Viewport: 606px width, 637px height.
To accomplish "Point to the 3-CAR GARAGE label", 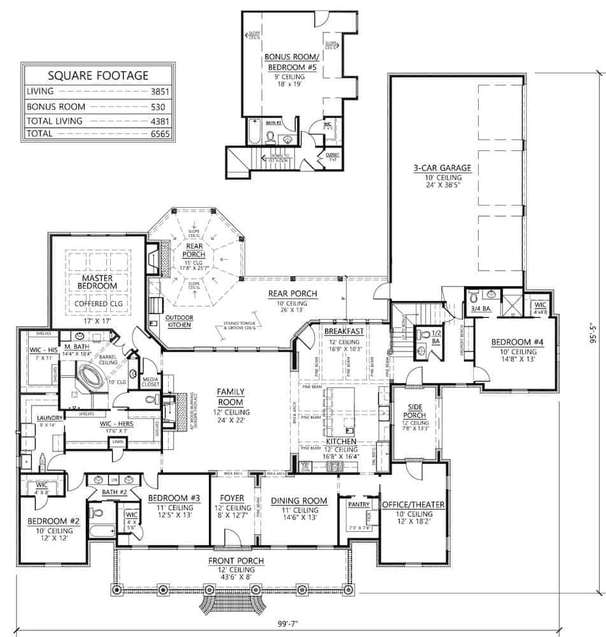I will tap(440, 168).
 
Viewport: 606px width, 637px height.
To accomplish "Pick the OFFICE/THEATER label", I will tap(412, 505).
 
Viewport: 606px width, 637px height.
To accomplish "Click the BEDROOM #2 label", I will tap(53, 521).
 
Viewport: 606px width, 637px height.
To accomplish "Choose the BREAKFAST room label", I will tap(344, 331).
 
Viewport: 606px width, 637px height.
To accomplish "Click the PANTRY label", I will tap(359, 504).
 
